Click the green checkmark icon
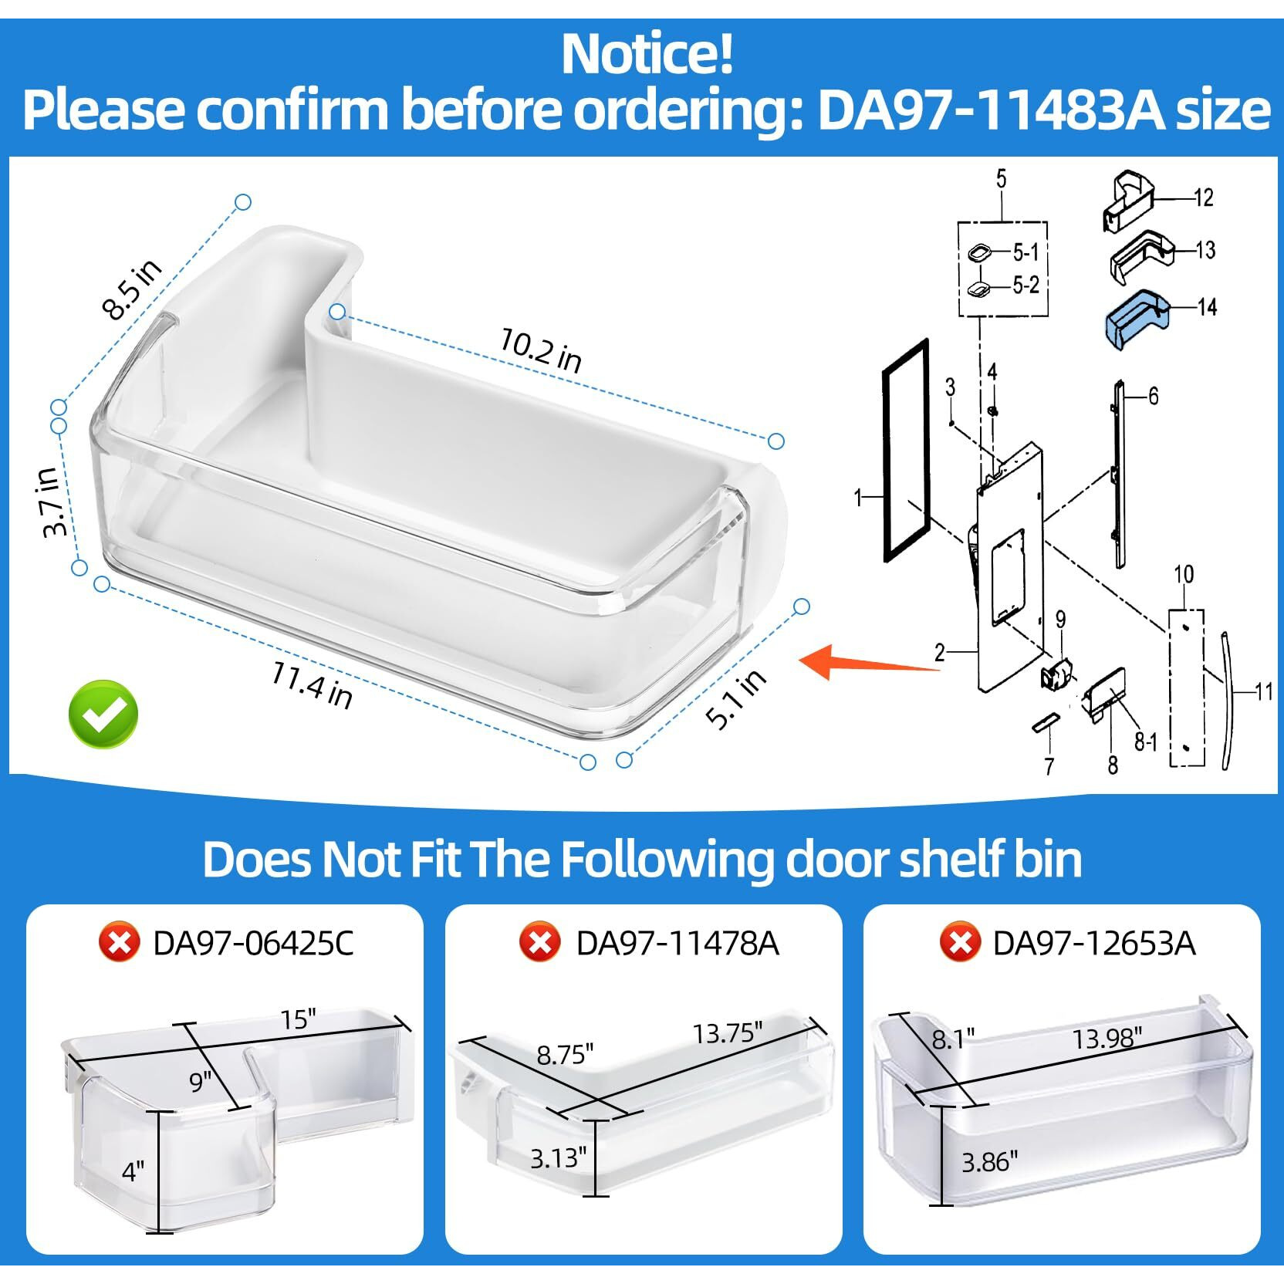pos(103,714)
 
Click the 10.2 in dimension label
pos(540,350)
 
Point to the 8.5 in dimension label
pos(132,289)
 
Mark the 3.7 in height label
pos(51,502)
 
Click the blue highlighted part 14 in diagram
pos(1134,318)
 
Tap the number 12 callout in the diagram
pos(1204,198)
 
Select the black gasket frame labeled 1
pos(905,450)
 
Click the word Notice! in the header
pos(647,54)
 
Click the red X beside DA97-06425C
pos(119,942)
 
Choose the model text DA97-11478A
pos(677,943)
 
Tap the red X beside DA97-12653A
pos(959,942)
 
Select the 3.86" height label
pos(989,1161)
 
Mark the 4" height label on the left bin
pos(133,1171)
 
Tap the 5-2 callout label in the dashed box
pos(1026,286)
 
